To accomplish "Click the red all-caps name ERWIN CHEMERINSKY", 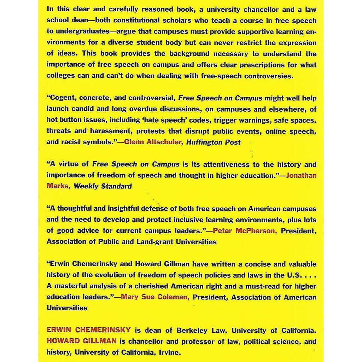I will [88, 331].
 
